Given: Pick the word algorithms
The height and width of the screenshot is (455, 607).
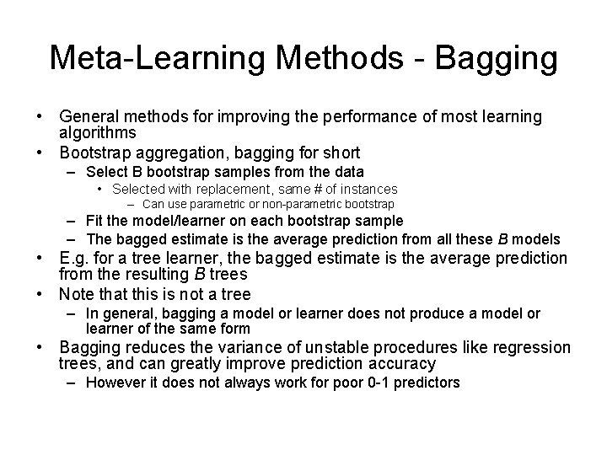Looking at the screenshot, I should pyautogui.click(x=97, y=133).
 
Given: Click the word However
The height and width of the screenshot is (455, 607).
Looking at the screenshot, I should pyautogui.click(x=117, y=383).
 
